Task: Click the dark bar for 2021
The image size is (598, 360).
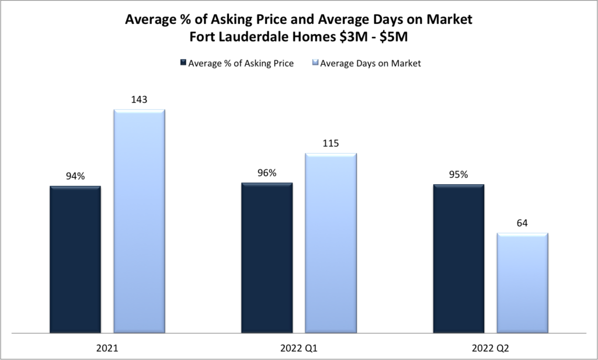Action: coord(75,259)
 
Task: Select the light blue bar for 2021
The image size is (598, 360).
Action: coord(139,221)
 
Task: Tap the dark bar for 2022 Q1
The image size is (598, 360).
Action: coord(267,258)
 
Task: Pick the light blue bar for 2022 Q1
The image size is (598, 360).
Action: coord(331,243)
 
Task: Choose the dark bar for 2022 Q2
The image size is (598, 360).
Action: coord(458,258)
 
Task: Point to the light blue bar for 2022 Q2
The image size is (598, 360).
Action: coord(522,283)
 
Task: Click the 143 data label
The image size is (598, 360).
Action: coord(139,99)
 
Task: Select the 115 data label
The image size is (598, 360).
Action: coord(331,143)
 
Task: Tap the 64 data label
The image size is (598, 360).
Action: coord(522,223)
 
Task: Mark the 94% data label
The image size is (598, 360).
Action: coord(75,176)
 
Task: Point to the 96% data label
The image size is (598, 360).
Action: coord(267,173)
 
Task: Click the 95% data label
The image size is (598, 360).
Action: coord(458,174)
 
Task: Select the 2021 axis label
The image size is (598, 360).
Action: coord(107,348)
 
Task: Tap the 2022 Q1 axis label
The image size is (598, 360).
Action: coord(299,348)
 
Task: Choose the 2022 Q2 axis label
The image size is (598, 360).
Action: coord(491,348)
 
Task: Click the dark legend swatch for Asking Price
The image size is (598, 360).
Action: coord(183,63)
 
